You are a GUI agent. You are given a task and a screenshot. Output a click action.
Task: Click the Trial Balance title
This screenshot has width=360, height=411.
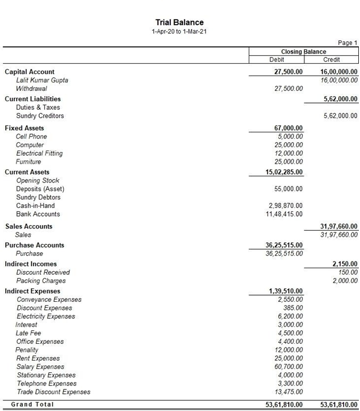click(179, 23)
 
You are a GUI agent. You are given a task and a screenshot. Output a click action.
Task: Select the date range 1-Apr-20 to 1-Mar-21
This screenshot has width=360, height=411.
click(179, 31)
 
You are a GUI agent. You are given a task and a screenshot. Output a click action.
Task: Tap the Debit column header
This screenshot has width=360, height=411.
click(277, 60)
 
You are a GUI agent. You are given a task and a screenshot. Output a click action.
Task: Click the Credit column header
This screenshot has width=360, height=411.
click(332, 60)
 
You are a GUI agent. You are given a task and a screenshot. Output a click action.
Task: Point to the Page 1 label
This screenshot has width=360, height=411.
click(348, 43)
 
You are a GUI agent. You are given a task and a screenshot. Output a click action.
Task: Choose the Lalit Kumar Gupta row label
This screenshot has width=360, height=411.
click(42, 80)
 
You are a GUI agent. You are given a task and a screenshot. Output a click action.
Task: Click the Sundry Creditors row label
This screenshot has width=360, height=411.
click(40, 116)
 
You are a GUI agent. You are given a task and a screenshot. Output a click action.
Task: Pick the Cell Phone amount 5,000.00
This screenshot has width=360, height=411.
click(290, 136)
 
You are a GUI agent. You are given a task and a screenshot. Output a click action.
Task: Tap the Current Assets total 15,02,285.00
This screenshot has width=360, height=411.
click(284, 172)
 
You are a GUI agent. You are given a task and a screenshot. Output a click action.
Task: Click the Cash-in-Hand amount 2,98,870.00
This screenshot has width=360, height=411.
click(286, 206)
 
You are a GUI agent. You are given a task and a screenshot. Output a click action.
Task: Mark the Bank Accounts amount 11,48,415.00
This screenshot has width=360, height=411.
click(284, 214)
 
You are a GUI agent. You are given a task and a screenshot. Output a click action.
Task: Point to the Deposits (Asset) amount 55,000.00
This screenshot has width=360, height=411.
click(288, 189)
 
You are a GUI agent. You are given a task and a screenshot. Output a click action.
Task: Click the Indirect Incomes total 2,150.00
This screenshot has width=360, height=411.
click(345, 264)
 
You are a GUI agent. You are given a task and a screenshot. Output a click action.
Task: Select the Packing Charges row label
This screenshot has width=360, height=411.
click(41, 281)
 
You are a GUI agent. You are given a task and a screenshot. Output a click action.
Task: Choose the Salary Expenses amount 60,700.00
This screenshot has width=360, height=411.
click(288, 367)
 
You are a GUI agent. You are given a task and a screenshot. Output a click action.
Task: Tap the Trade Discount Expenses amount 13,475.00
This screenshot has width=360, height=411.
click(288, 392)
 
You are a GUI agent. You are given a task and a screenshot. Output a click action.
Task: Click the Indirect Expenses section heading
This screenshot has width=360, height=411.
click(32, 291)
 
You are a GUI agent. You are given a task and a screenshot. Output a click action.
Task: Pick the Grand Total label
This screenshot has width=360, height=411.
click(32, 404)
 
